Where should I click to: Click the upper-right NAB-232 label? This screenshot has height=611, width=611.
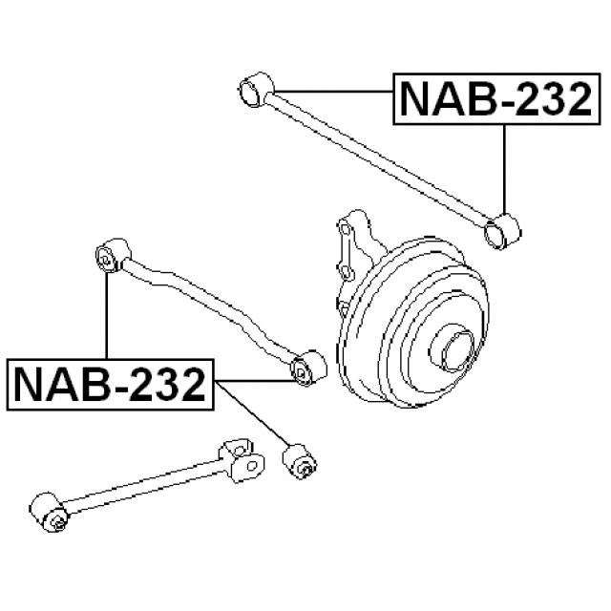[494, 99]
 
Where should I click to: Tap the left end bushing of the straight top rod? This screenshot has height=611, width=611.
[253, 90]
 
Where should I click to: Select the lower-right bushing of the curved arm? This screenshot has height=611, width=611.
[307, 369]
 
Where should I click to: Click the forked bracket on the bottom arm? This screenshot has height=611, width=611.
[241, 459]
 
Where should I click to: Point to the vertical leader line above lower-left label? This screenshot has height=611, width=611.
[108, 315]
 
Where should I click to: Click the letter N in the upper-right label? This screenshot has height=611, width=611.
[414, 99]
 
